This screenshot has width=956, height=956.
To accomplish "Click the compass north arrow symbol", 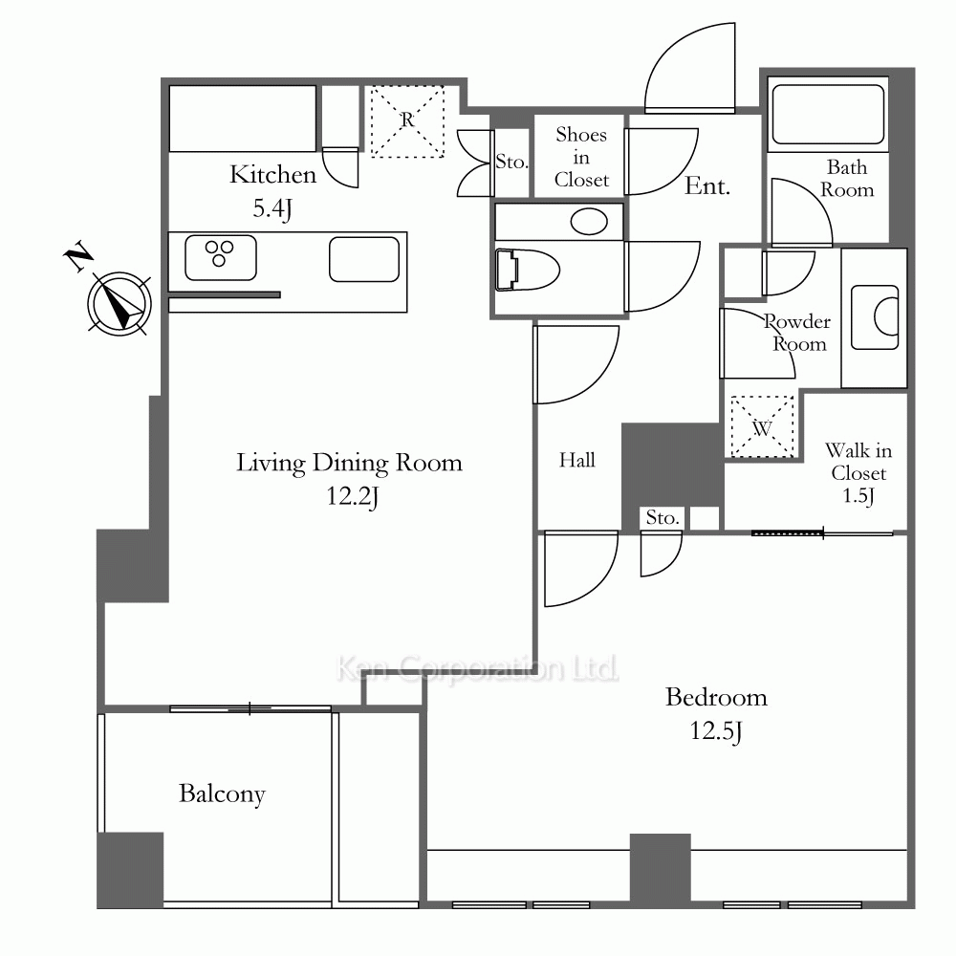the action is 119,303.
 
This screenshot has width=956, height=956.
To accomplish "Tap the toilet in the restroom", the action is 527,270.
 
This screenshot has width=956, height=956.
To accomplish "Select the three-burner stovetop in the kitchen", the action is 220,258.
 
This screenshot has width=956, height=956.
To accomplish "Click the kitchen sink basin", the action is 364,259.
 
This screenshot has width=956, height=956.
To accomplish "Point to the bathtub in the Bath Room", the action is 828,114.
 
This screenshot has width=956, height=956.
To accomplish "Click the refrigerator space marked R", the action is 407,121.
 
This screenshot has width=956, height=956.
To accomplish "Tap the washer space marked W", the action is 762,426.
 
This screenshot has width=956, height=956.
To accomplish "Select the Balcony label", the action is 222,794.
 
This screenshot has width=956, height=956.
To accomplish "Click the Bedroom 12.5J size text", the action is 716,731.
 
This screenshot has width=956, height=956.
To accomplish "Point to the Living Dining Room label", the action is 349,464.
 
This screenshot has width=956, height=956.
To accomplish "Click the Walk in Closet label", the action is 858,462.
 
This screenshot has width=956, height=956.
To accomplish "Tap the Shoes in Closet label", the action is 581,158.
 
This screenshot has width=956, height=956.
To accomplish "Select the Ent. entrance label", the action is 707,186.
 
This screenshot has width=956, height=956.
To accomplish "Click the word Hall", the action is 576,460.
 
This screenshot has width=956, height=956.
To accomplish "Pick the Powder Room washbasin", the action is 875,317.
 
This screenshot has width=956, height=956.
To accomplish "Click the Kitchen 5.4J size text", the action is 272,209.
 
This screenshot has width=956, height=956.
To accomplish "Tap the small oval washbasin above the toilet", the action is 589,222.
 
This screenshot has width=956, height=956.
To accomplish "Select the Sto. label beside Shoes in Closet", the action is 511,162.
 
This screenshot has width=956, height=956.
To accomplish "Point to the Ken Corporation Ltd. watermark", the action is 477,669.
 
